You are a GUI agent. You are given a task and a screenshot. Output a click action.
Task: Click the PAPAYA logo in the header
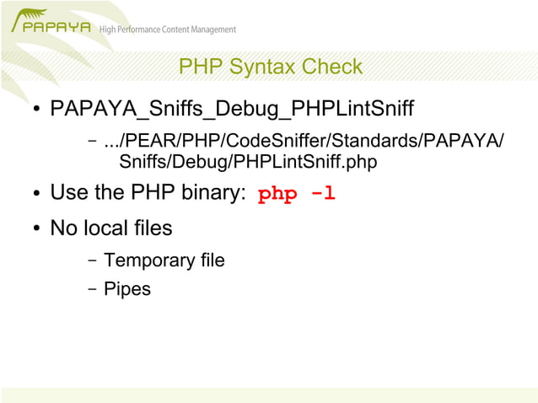point(50,24)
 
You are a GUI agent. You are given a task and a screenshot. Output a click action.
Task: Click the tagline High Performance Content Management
point(168,30)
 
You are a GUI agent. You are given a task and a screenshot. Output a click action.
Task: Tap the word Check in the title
point(332,67)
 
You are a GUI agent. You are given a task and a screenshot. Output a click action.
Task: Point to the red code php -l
point(297,194)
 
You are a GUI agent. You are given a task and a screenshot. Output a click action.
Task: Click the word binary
point(213,193)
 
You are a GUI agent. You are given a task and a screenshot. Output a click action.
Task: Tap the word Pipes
point(127,289)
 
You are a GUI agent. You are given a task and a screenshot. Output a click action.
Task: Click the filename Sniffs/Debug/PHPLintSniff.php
point(248,160)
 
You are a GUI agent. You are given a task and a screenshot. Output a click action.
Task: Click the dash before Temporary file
point(92,261)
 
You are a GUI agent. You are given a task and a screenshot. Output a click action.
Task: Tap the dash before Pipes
point(92,289)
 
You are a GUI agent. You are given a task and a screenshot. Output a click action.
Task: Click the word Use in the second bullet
point(69,193)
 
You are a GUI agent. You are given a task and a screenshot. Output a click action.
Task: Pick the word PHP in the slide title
point(201,67)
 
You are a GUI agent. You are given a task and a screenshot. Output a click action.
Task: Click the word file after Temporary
point(208,261)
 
